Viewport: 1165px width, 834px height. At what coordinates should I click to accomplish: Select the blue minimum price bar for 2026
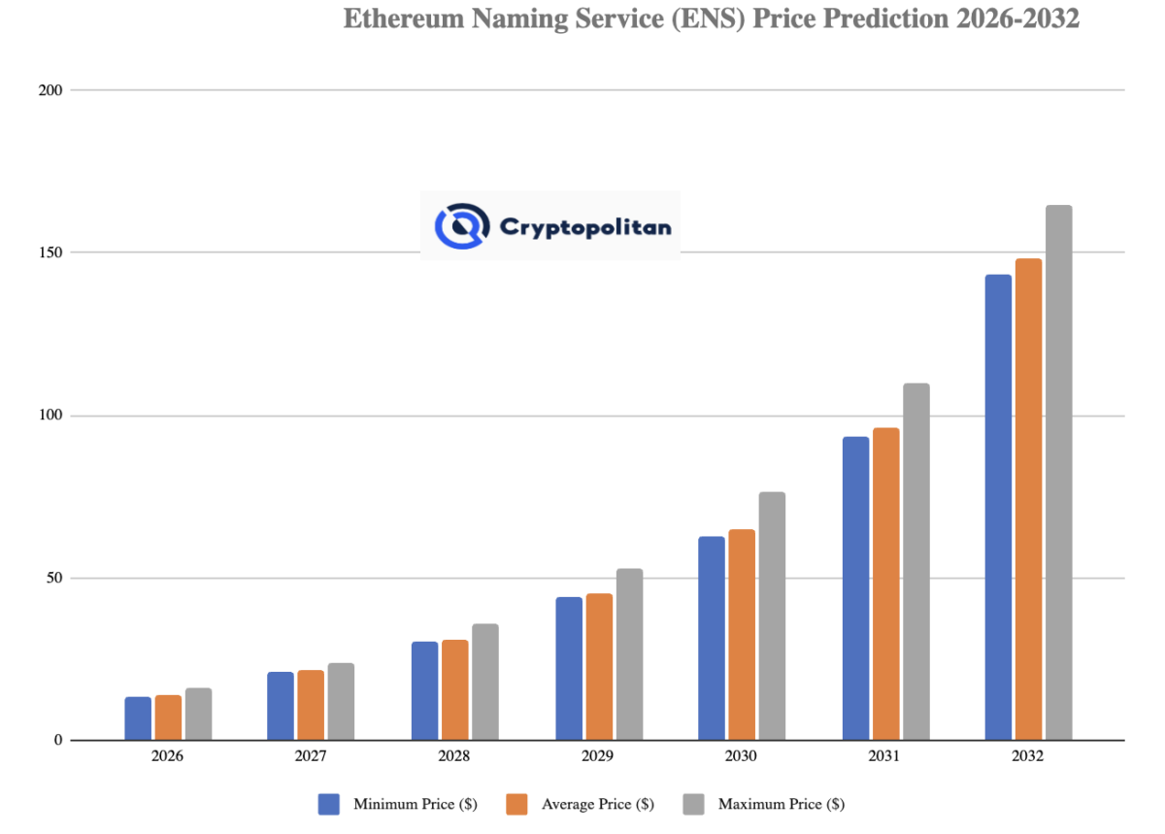pos(138,718)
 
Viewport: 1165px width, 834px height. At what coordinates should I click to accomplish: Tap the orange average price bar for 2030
pos(742,635)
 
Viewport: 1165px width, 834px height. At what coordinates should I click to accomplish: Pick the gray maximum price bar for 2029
pos(629,654)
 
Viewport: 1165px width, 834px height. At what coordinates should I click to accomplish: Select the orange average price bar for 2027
pos(311,705)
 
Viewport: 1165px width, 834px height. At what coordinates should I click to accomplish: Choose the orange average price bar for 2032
pos(1028,499)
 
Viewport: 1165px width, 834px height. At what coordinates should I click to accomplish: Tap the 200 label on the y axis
pos(50,90)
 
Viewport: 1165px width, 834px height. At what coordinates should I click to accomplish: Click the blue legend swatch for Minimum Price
pos(329,804)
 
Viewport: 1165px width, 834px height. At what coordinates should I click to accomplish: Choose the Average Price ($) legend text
pos(597,805)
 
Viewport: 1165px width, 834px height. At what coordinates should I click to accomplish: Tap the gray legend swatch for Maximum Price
pos(693,804)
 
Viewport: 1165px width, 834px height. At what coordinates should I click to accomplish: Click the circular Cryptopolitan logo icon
pos(460,225)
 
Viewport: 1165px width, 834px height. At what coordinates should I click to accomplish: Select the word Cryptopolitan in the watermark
pos(584,227)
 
